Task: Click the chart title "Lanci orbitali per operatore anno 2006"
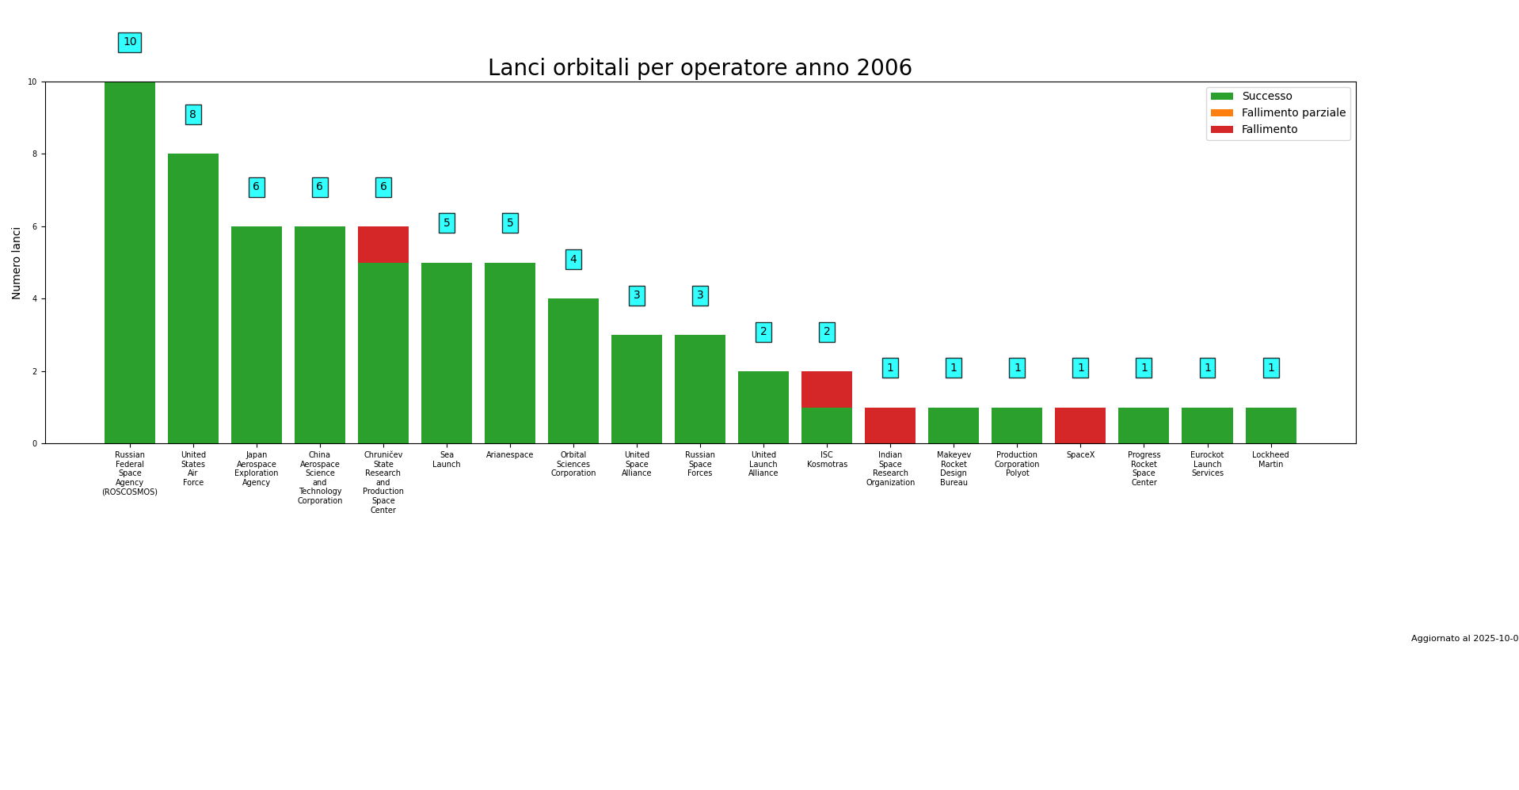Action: point(699,69)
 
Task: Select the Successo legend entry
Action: point(1266,97)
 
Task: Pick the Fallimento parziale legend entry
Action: point(1292,113)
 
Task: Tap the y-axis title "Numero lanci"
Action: point(17,263)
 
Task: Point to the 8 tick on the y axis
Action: point(33,154)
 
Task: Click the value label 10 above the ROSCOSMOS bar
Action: point(130,43)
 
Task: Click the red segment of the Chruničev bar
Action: point(383,245)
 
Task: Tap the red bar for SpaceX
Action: point(1080,426)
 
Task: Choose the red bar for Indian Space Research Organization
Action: point(890,426)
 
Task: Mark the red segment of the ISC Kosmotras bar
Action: point(827,389)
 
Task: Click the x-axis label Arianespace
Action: point(510,455)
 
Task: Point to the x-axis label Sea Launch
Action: point(447,460)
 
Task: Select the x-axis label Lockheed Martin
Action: point(1270,460)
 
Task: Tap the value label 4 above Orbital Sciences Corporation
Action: point(573,260)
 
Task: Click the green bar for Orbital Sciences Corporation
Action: point(573,371)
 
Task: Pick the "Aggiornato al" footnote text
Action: point(1464,639)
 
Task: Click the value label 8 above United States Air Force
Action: point(193,115)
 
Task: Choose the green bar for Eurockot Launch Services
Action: point(1207,426)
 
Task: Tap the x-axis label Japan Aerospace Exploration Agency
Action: point(257,469)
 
